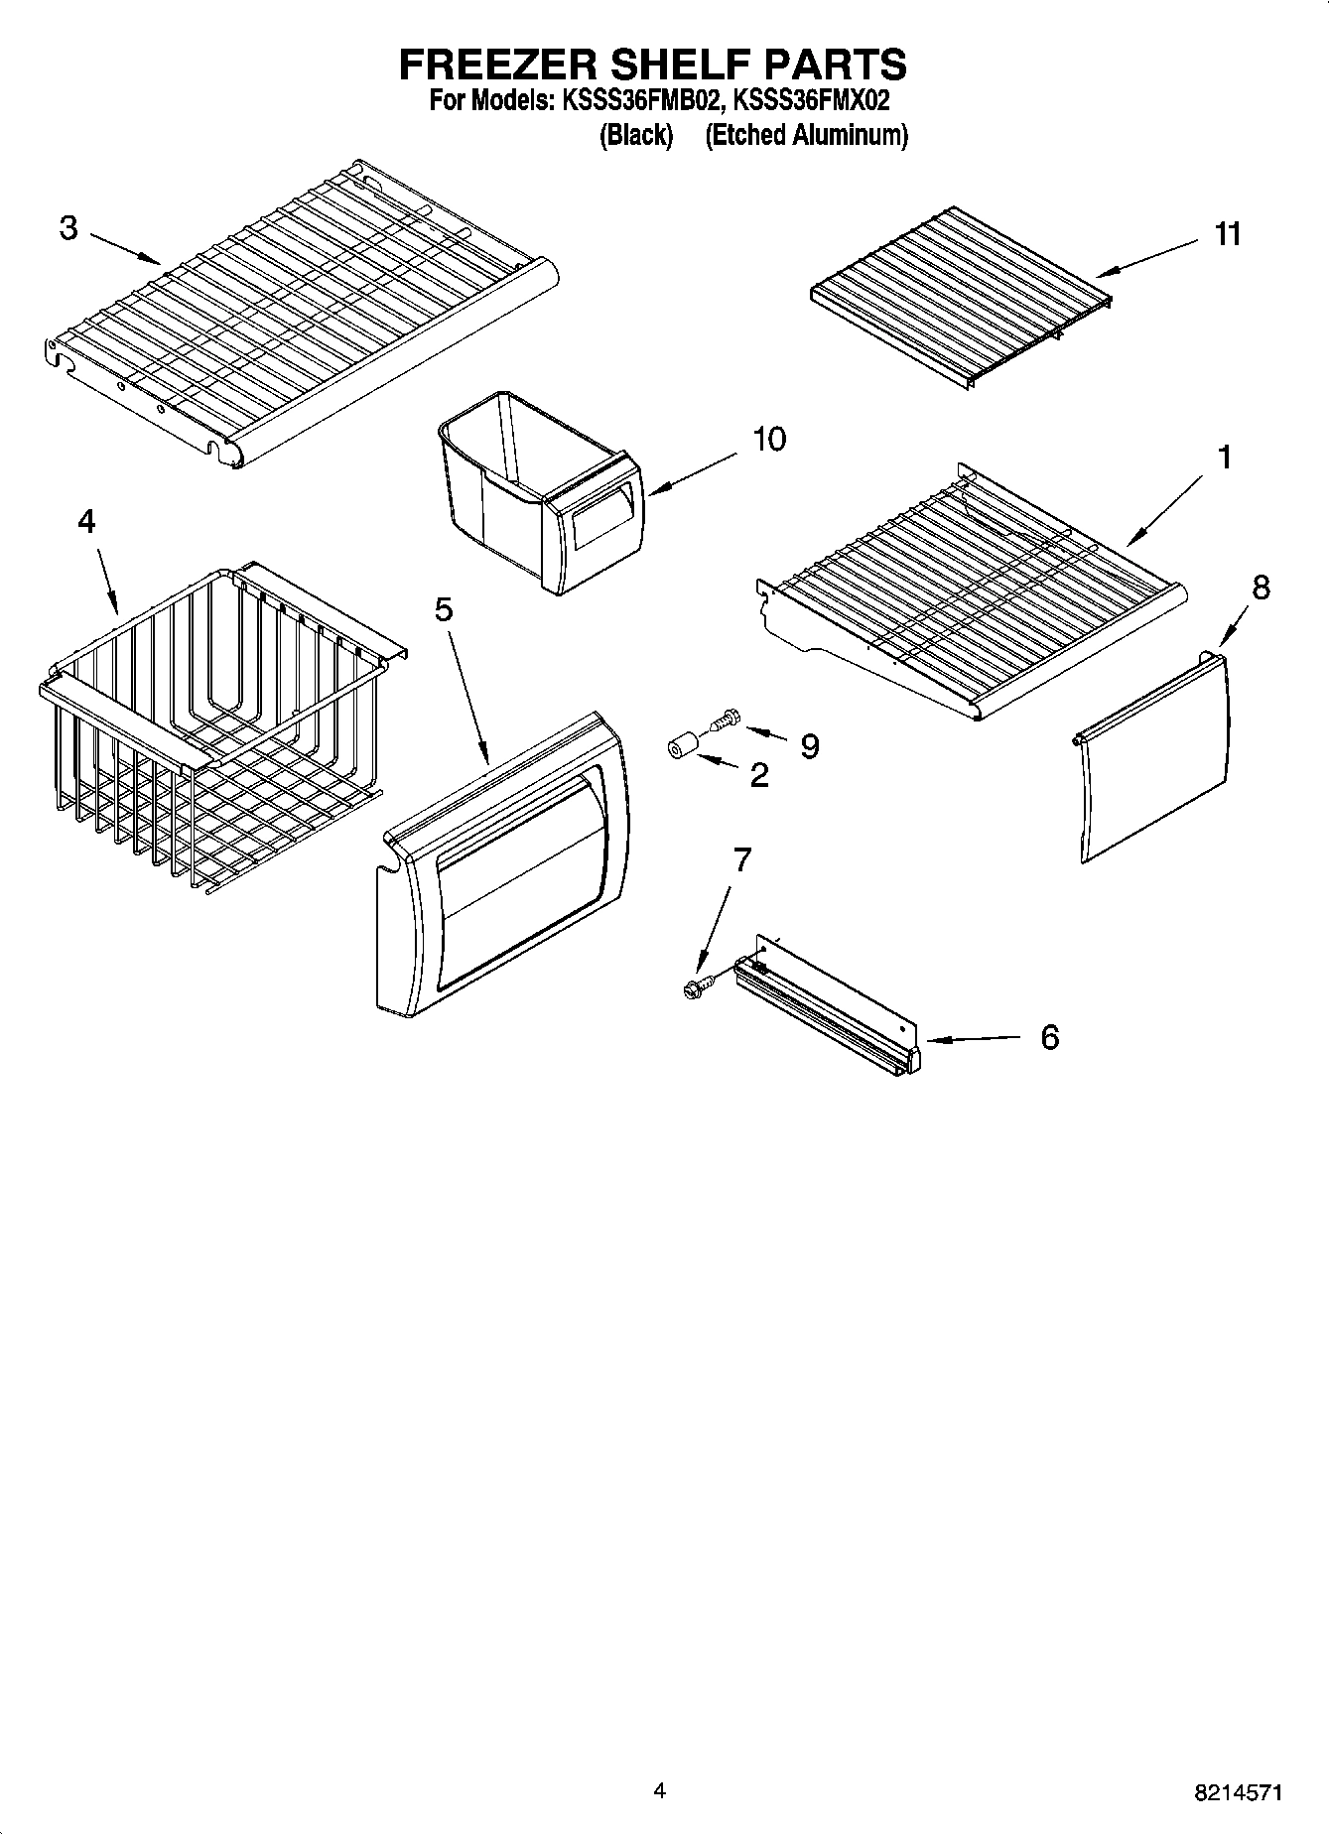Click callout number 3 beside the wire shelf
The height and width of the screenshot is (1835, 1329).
point(68,228)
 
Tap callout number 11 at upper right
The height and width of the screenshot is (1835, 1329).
point(1228,234)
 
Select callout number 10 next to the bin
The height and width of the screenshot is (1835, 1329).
point(768,439)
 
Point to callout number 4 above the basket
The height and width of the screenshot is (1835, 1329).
point(87,521)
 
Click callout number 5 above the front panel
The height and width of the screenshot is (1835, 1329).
point(444,608)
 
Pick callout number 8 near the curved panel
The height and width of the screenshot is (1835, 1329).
point(1260,588)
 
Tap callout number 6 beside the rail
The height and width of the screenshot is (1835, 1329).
point(1050,1038)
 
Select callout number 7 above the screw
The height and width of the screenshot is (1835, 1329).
point(741,860)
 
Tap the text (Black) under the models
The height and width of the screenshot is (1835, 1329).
point(636,135)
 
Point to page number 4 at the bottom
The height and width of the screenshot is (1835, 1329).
point(659,1790)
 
